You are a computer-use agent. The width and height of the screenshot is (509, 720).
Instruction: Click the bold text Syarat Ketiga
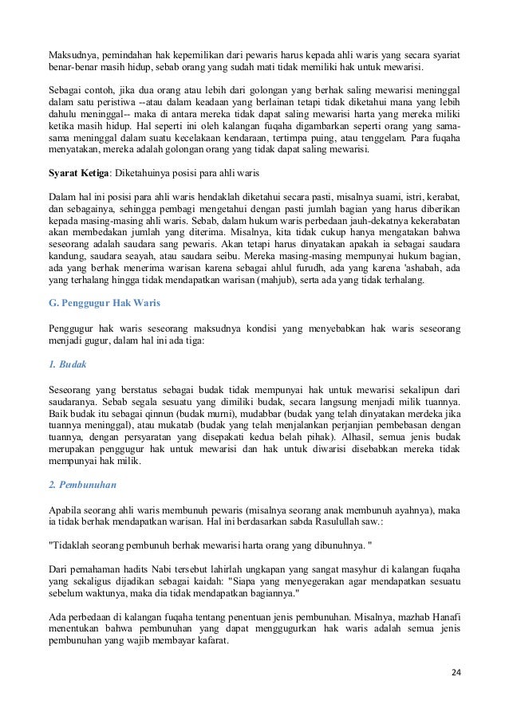[x=78, y=173]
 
